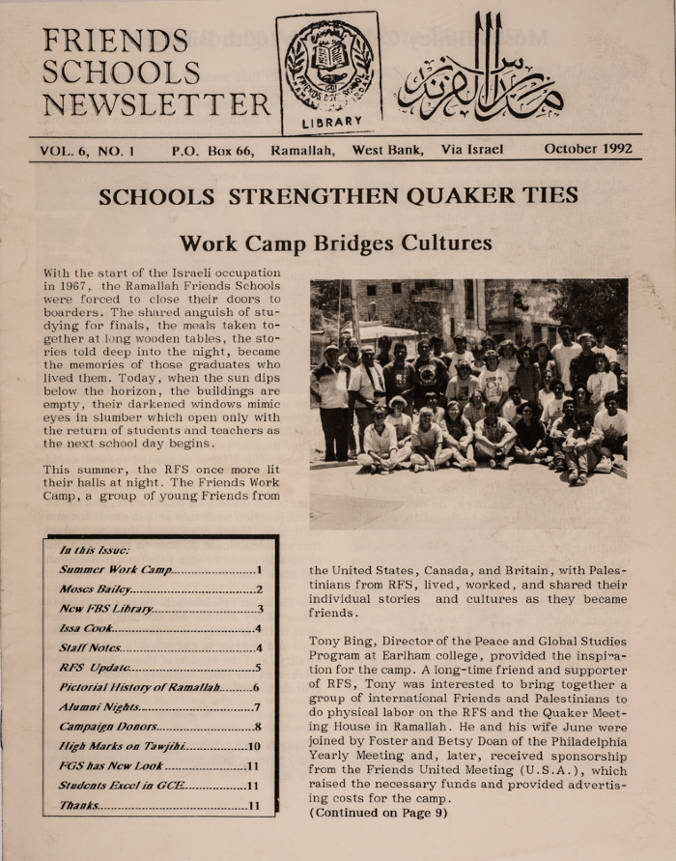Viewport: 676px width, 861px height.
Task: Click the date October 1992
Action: [x=587, y=149]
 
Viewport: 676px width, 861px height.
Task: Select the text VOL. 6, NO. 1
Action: [x=87, y=150]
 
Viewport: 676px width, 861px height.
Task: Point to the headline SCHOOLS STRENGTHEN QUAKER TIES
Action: [x=338, y=197]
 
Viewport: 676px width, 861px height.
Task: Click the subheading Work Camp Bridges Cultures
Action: [x=336, y=243]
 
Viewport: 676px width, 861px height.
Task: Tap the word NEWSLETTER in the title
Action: [x=156, y=104]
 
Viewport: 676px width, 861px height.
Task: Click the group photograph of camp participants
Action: [x=468, y=376]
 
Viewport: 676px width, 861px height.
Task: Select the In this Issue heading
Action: [x=89, y=550]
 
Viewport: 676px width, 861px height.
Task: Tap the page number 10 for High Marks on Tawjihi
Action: [x=254, y=746]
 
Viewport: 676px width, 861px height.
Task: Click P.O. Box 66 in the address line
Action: [x=211, y=150]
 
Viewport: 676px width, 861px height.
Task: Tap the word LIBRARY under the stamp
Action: [x=331, y=122]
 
